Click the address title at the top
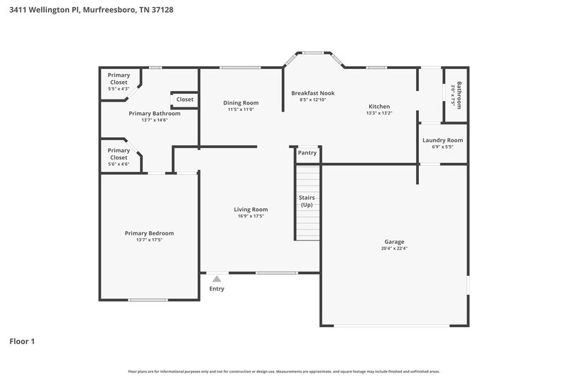tap(92, 11)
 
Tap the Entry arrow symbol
tap(217, 279)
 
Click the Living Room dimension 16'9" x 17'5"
tap(251, 216)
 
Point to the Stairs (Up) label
tap(307, 201)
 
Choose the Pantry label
tap(307, 153)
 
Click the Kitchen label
tap(379, 105)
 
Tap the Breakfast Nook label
tap(312, 93)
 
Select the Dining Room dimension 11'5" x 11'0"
tap(241, 110)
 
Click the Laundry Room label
tap(442, 140)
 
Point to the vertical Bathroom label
tap(459, 95)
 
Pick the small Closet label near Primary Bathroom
tap(185, 100)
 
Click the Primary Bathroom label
tap(154, 113)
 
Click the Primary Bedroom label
tap(149, 233)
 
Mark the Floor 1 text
tap(22, 341)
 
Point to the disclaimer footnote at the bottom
tap(283, 371)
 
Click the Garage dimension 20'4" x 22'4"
tap(393, 249)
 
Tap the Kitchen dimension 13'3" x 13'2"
tap(379, 113)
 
